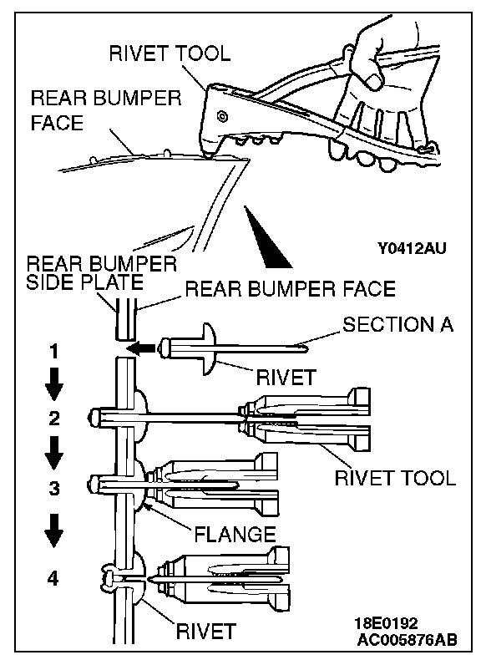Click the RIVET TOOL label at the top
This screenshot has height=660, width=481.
pos(170,53)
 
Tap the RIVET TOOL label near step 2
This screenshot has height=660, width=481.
pos(395,478)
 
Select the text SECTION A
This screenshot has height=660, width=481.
pos(398,324)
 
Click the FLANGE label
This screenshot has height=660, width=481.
pos(235,534)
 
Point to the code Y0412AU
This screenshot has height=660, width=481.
pos(412,248)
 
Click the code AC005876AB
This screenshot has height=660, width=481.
pos(407,640)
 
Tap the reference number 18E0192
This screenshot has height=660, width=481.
pos(386,623)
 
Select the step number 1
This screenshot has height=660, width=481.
pos(53,352)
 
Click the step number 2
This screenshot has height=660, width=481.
pos(54,419)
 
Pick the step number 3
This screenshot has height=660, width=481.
pos(54,488)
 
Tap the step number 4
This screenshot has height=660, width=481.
pos(53,579)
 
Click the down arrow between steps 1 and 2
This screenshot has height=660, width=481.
pos(54,384)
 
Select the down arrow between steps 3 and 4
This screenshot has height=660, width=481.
pos(54,531)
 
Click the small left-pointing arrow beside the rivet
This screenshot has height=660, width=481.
pos(141,348)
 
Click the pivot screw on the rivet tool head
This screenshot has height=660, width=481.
pos(222,116)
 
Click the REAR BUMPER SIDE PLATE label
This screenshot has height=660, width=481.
pos(101,272)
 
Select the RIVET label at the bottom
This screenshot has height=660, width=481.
pos(205,632)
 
